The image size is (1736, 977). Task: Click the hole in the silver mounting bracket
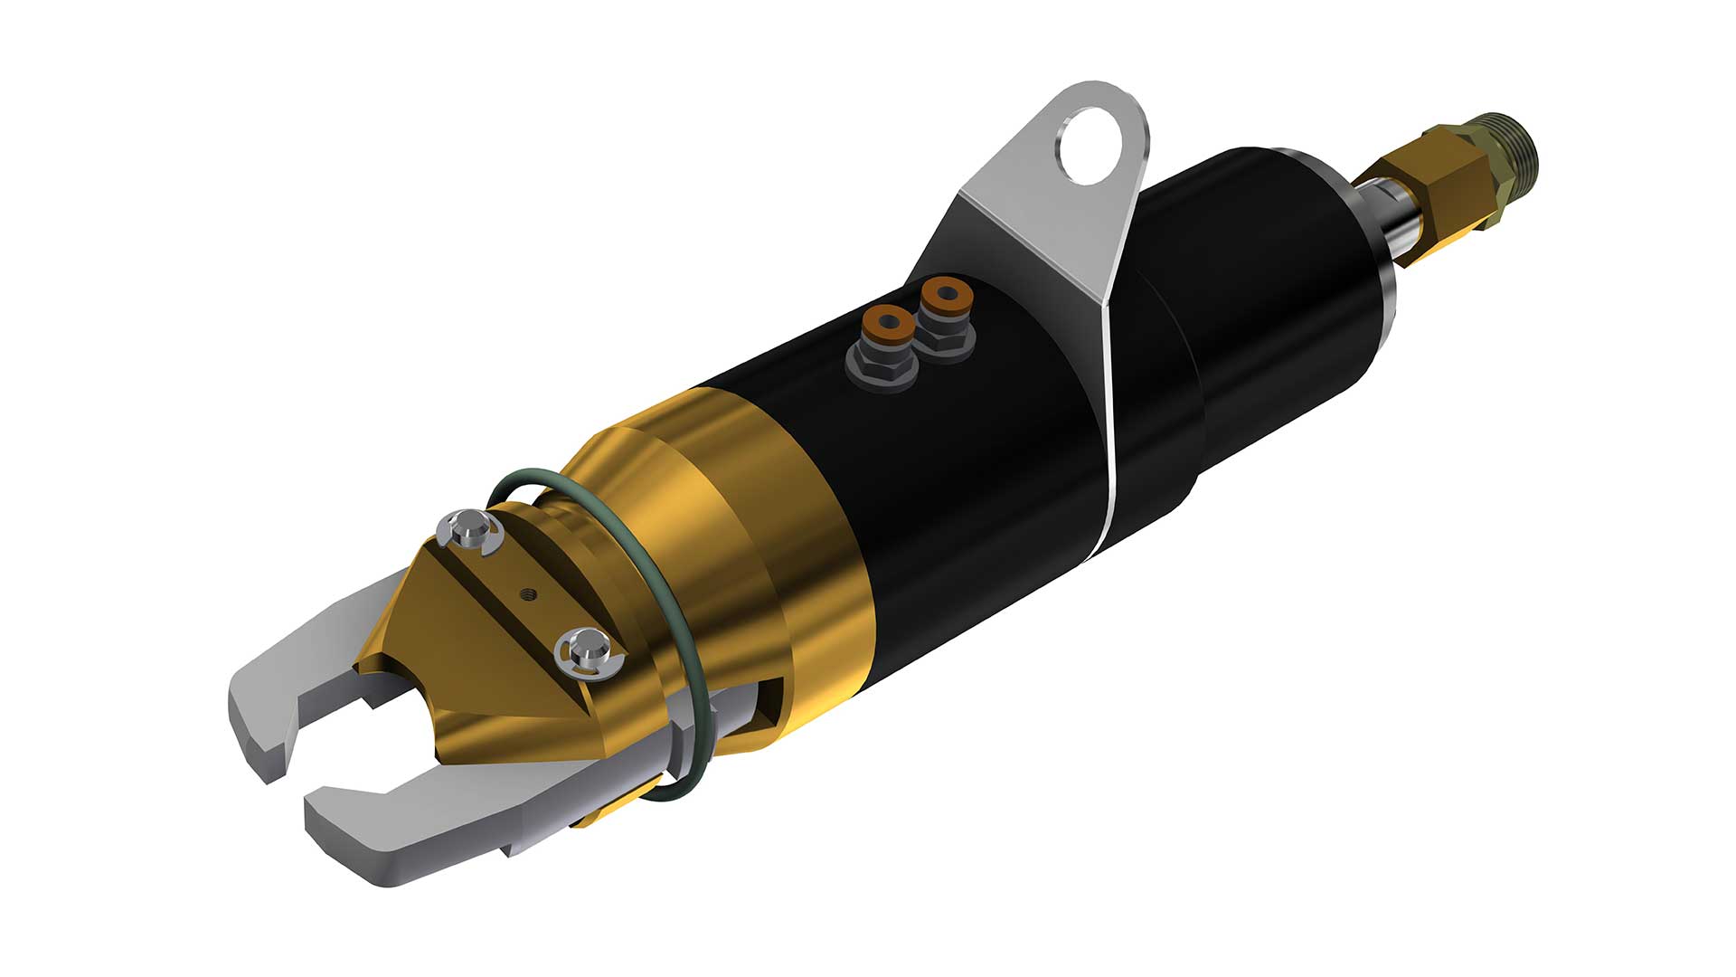pos(1093,145)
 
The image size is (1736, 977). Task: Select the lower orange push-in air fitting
pos(885,321)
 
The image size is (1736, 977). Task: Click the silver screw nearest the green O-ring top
pos(467,527)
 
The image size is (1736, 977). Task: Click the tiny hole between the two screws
pos(530,593)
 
